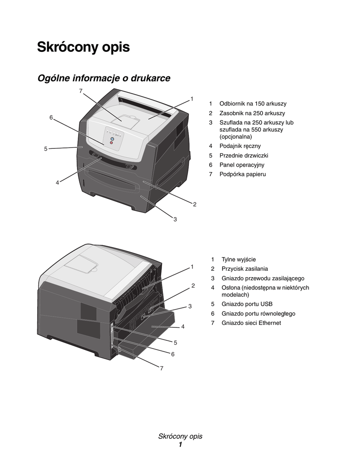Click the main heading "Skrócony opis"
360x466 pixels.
[83, 47]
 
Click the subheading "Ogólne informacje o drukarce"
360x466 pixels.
[104, 78]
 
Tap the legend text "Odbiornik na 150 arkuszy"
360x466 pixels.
[253, 104]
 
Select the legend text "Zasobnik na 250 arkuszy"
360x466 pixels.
[252, 113]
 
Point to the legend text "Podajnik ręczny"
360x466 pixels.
[240, 146]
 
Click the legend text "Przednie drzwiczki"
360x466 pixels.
[243, 156]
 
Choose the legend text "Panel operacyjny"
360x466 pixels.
[242, 165]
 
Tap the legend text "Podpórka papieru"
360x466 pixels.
[243, 174]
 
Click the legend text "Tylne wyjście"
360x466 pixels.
[238, 259]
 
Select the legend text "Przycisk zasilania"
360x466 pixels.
[244, 269]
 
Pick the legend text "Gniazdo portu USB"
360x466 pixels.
[247, 304]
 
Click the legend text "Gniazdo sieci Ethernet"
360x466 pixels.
[251, 323]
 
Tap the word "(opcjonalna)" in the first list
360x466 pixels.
[235, 137]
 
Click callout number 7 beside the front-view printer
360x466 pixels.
[81, 91]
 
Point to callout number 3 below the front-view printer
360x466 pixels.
[175, 219]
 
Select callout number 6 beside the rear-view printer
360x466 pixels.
[173, 354]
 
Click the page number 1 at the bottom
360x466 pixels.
[180, 445]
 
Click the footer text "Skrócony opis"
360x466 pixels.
[180, 436]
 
